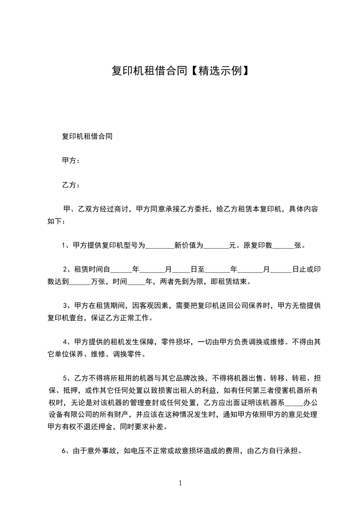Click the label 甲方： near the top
(71, 161)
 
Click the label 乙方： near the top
(71, 185)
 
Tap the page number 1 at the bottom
(180, 483)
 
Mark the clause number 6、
(65, 451)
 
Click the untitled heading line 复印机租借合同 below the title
(87, 136)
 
